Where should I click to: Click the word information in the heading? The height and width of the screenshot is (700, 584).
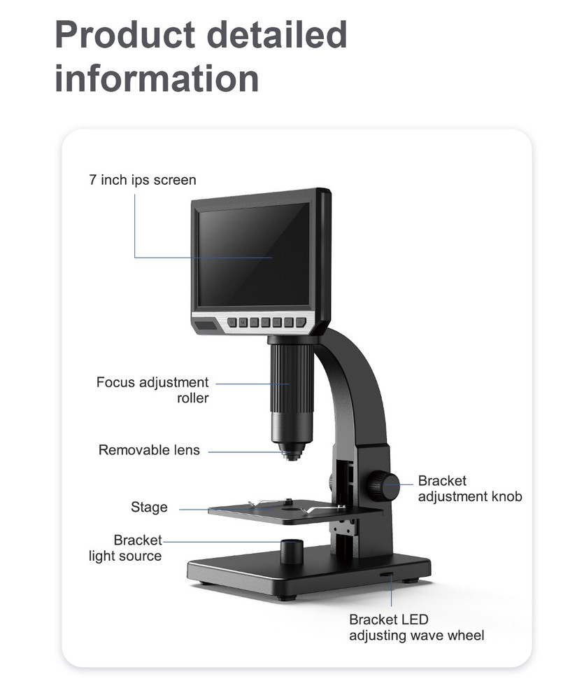(x=157, y=78)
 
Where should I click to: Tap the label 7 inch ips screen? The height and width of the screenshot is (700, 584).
(x=143, y=180)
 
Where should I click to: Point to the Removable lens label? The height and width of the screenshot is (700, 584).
(x=149, y=450)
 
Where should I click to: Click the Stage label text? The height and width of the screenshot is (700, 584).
(x=149, y=507)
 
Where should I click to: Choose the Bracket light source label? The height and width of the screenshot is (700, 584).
(x=126, y=548)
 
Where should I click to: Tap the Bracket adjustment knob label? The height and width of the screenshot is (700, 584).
(x=469, y=489)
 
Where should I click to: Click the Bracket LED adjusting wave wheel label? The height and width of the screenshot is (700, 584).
(x=416, y=627)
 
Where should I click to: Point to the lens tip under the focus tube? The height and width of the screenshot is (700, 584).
(x=290, y=454)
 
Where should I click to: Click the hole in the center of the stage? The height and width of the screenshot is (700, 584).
(x=290, y=512)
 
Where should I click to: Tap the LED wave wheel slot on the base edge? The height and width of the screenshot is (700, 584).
(x=387, y=576)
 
